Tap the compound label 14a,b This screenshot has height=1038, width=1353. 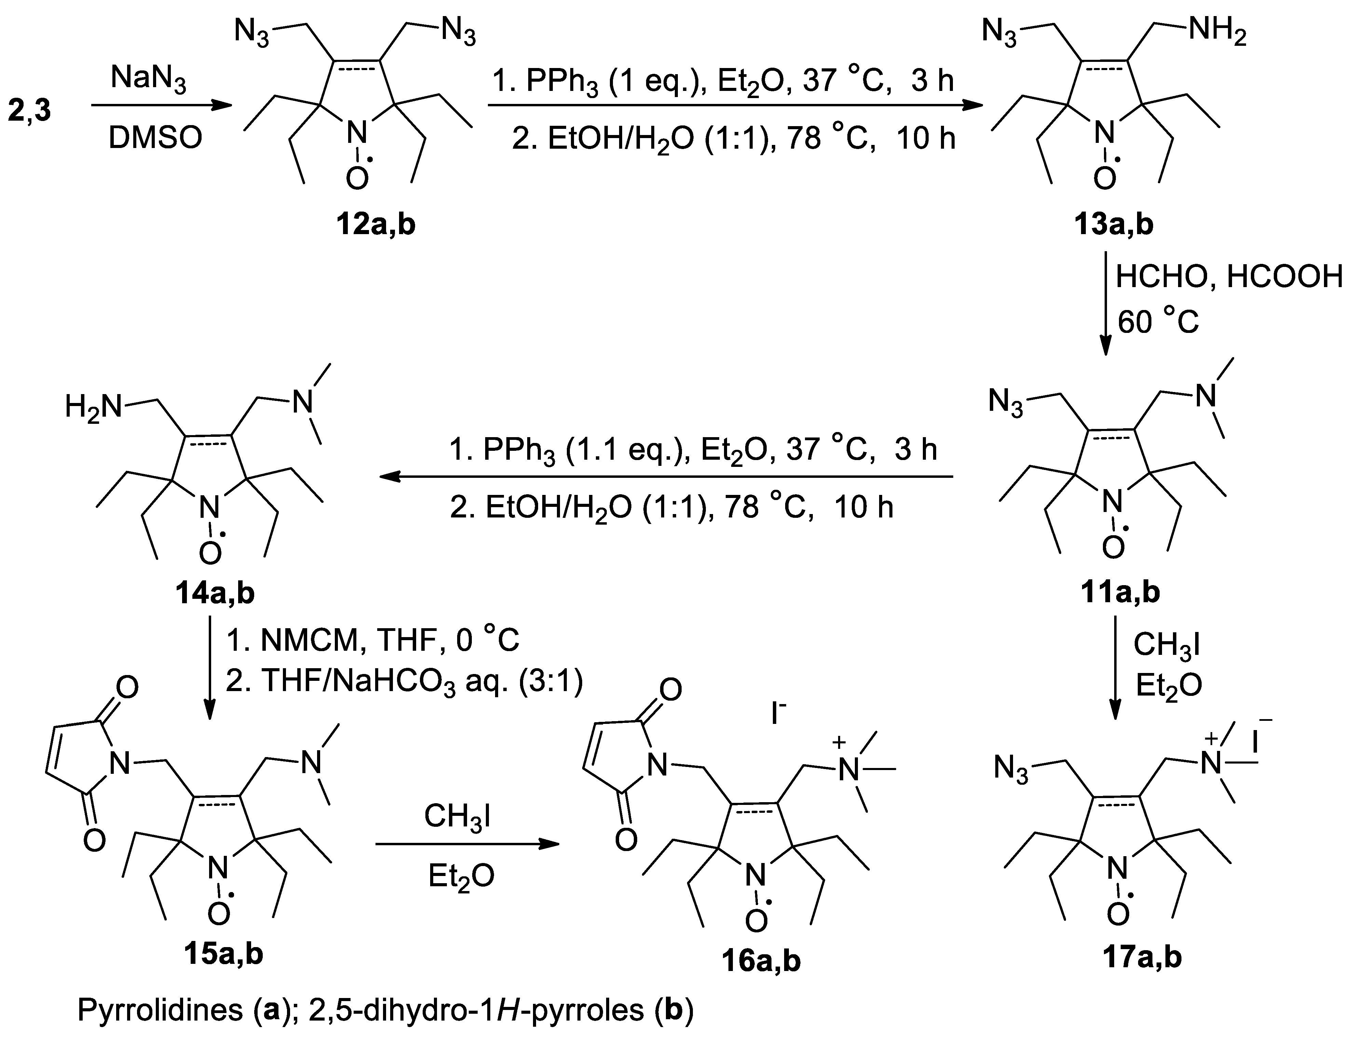click(x=214, y=593)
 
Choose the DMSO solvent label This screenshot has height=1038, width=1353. click(x=155, y=138)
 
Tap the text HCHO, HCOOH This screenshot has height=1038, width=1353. click(x=1229, y=277)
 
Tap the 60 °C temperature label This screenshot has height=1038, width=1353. click(x=1158, y=322)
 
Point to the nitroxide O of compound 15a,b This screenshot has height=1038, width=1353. click(x=219, y=914)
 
